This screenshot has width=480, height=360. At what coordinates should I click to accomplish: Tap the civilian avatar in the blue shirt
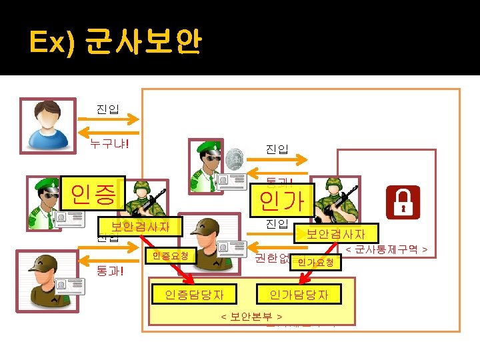pyautogui.click(x=48, y=125)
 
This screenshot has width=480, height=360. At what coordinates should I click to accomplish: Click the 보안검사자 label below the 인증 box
pyautogui.click(x=140, y=227)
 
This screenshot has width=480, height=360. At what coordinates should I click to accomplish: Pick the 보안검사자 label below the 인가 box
pyautogui.click(x=335, y=234)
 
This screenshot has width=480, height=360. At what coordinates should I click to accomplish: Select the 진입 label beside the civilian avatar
pyautogui.click(x=107, y=109)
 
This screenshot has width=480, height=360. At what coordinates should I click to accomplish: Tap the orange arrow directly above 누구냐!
pyautogui.click(x=108, y=121)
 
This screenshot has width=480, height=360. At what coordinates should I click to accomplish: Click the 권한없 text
pyautogui.click(x=271, y=258)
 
